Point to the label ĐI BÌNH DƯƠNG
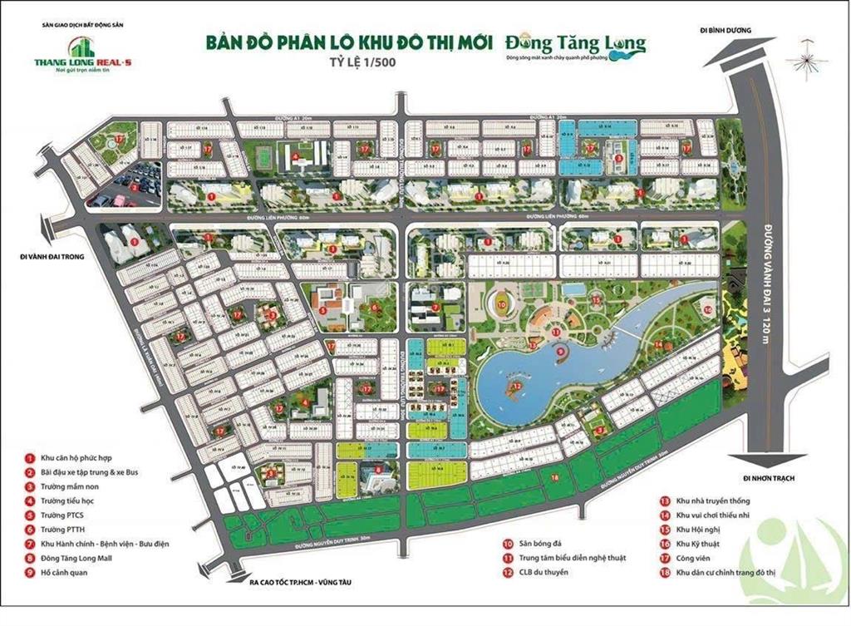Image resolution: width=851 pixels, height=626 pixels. [726, 31]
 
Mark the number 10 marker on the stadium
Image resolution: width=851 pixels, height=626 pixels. [502, 305]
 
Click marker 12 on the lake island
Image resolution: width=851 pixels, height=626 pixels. [516, 386]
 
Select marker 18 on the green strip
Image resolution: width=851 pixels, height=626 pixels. [554, 476]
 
